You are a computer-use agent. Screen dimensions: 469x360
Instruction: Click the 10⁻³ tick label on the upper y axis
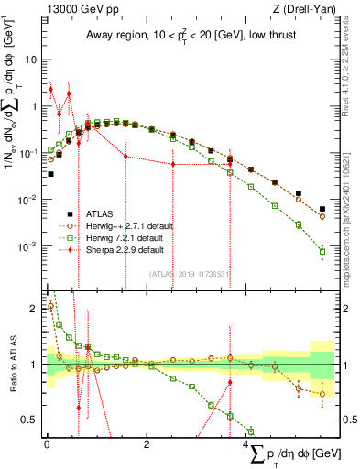point(31,247)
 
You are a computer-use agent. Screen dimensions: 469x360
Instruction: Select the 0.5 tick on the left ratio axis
point(31,420)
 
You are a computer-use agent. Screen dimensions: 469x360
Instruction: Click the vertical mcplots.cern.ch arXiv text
point(353,211)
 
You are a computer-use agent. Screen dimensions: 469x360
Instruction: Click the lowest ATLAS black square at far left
point(50,173)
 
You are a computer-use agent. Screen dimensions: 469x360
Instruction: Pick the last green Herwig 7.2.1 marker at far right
point(322,250)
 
